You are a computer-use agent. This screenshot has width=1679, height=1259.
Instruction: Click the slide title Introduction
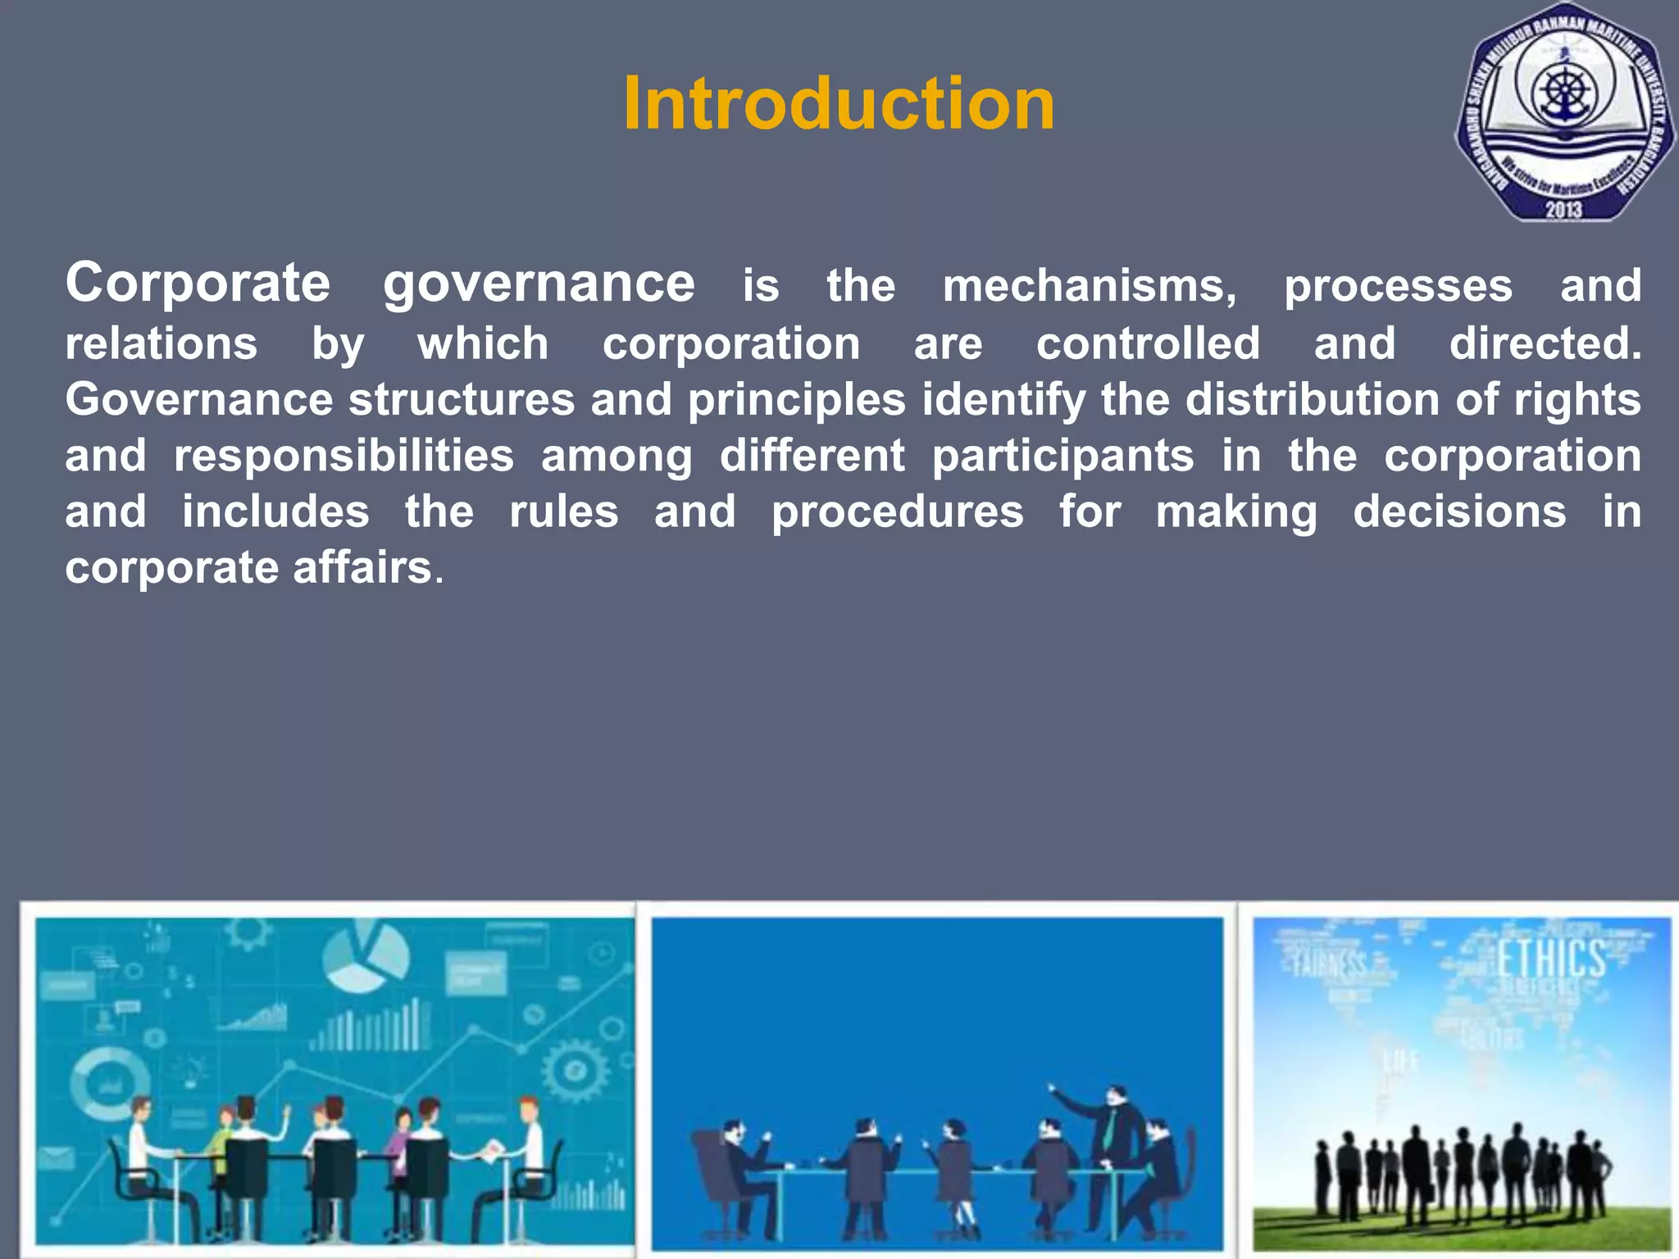pyautogui.click(x=839, y=104)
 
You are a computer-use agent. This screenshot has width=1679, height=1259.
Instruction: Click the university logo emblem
pyautogui.click(x=1563, y=113)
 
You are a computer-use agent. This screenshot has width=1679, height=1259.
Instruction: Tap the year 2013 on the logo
pyautogui.click(x=1563, y=210)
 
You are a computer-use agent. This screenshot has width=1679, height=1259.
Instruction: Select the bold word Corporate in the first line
pyautogui.click(x=198, y=284)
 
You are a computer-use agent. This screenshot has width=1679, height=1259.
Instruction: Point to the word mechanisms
pyautogui.click(x=1089, y=286)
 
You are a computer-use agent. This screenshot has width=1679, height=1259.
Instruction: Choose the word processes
pyautogui.click(x=1398, y=287)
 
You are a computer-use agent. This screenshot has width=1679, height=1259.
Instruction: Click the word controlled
pyautogui.click(x=1148, y=343)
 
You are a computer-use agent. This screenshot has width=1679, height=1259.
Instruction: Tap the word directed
pyautogui.click(x=1545, y=343)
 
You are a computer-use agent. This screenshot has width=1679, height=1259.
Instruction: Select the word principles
pyautogui.click(x=796, y=400)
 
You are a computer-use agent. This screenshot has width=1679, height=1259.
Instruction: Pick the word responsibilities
pyautogui.click(x=344, y=456)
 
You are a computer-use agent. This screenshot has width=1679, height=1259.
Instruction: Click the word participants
pyautogui.click(x=1062, y=456)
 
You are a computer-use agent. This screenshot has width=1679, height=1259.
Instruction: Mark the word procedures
pyautogui.click(x=897, y=512)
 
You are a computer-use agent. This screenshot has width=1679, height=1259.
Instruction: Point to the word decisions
pyautogui.click(x=1459, y=512)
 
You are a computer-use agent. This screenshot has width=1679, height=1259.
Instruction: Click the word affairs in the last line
pyautogui.click(x=362, y=567)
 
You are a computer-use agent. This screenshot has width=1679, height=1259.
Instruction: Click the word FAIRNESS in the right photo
pyautogui.click(x=1329, y=965)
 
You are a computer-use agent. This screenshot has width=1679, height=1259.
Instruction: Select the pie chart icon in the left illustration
pyautogui.click(x=366, y=954)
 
